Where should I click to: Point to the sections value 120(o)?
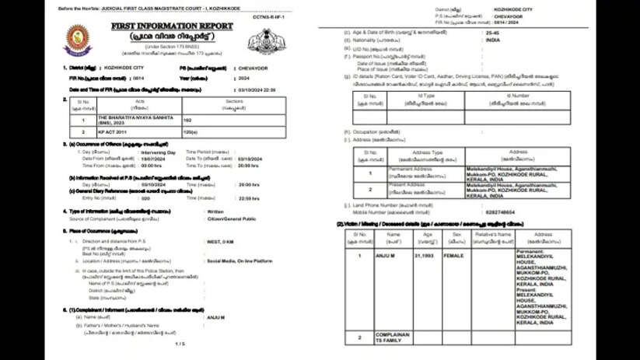click(191, 132)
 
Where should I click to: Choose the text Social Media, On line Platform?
click(241, 262)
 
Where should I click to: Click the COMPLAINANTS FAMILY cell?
click(392, 337)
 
